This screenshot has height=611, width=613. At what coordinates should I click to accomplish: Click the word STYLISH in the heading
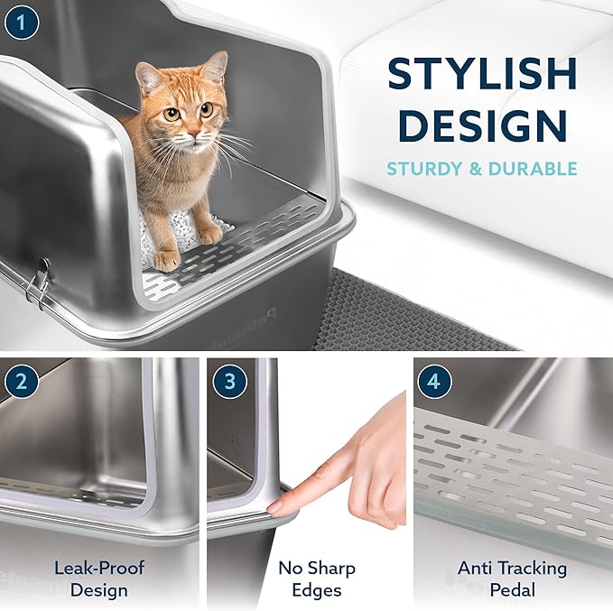(x=481, y=73)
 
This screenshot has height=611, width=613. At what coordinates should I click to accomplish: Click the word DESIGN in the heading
(x=481, y=125)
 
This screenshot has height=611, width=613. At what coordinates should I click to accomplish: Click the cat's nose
(x=187, y=130)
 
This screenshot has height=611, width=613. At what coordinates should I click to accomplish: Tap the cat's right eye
(x=171, y=114)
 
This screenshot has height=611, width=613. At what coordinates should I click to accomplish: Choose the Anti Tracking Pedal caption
(x=512, y=579)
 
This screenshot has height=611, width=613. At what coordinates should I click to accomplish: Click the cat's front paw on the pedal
(x=166, y=261)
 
